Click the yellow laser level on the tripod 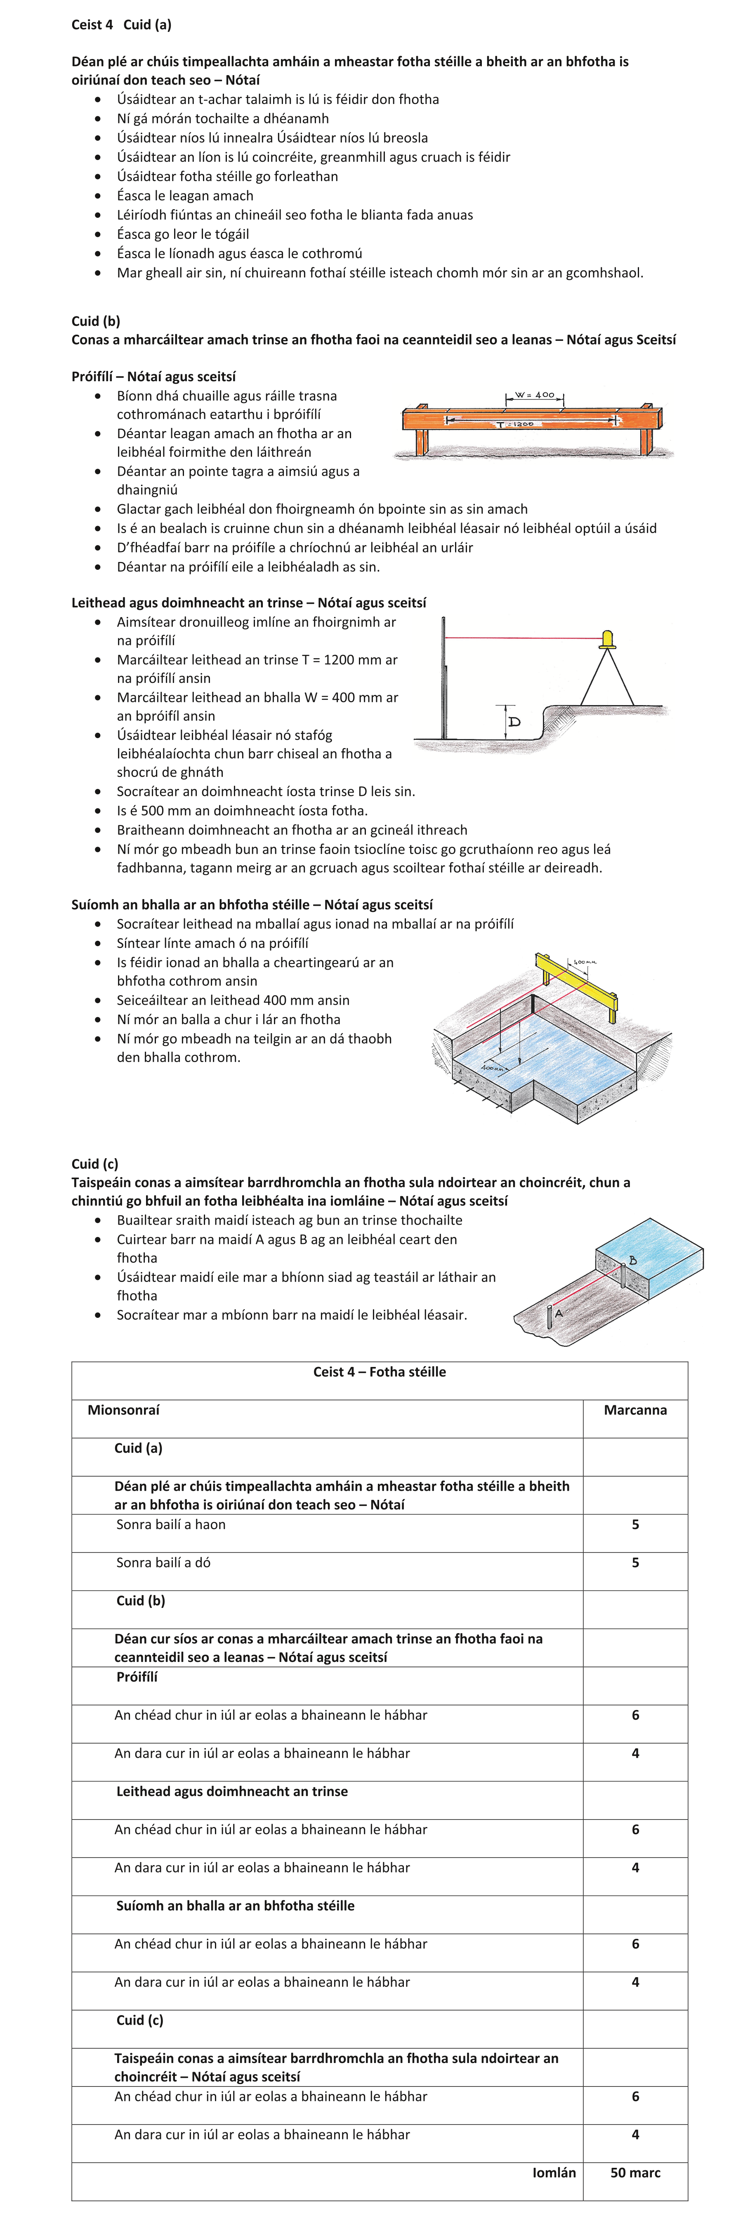pos(607,640)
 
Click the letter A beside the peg pos(559,1312)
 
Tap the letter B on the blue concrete pos(632,1261)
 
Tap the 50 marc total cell pos(635,2172)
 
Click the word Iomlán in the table pos(554,2172)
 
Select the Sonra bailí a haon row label pos(171,1524)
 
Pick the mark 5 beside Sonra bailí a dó pos(635,1563)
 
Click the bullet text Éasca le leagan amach pos(185,195)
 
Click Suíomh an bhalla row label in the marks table pos(235,1905)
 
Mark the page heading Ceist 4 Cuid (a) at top pos(121,24)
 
